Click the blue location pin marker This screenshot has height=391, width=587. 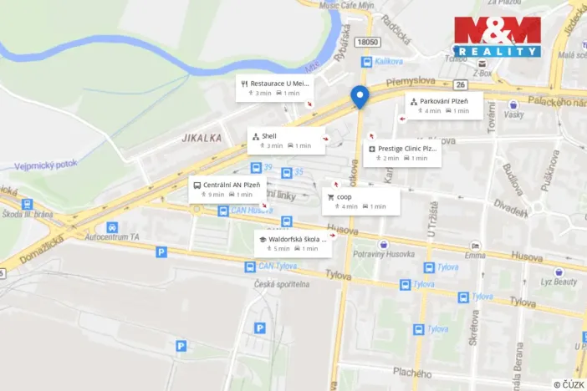pyautogui.click(x=360, y=97)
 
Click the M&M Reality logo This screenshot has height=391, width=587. pyautogui.click(x=497, y=37)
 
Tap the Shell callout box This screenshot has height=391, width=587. pyautogui.click(x=286, y=140)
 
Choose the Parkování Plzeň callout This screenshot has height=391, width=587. pyautogui.click(x=444, y=106)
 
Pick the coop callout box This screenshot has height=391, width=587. pyautogui.click(x=361, y=201)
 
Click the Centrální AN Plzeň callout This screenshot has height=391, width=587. pyautogui.click(x=227, y=190)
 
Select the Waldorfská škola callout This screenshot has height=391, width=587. pyautogui.click(x=292, y=243)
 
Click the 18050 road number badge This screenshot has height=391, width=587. pyautogui.click(x=367, y=43)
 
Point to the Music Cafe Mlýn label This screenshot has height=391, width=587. pyautogui.click(x=346, y=5)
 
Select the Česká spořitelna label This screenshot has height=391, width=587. pyautogui.click(x=283, y=284)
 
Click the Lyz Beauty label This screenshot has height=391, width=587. pyautogui.click(x=559, y=282)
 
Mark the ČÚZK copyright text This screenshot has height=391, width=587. pyautogui.click(x=568, y=383)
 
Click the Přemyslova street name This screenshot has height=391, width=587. pyautogui.click(x=411, y=83)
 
